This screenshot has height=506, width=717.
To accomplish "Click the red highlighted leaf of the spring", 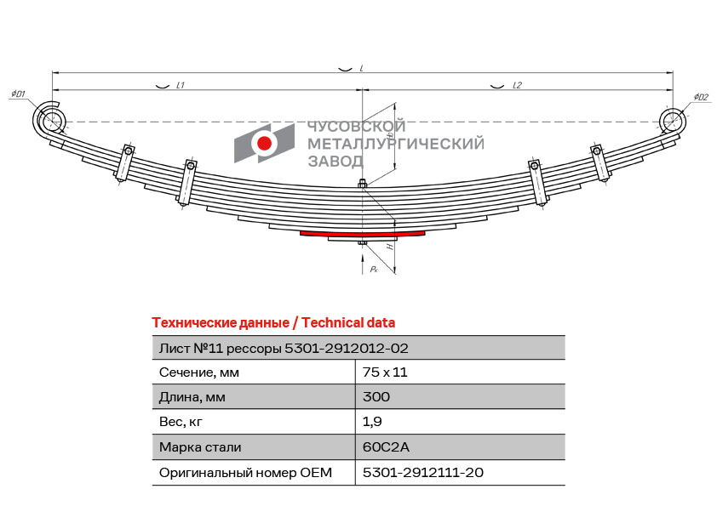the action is (362, 235).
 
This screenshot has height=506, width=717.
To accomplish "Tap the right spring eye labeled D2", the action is (673, 121).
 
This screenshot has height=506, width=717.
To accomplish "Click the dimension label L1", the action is (181, 85).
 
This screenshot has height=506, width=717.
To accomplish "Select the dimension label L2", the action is (517, 85).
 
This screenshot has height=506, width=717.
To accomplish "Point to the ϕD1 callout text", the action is (18, 94).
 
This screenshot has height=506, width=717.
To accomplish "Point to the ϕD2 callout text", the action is (701, 97).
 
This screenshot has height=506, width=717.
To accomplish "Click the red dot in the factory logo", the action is (264, 143).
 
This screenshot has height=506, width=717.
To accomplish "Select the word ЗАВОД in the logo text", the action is (336, 162).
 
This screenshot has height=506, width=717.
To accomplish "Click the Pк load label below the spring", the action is (374, 269).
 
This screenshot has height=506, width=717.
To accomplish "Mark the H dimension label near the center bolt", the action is (390, 247).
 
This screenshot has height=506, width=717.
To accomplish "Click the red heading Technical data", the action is (348, 323).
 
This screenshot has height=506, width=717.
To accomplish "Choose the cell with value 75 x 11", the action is (385, 372).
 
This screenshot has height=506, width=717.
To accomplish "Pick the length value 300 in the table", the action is (376, 397).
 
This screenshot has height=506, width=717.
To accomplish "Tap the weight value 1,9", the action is (372, 422).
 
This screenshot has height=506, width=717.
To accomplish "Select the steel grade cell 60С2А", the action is (386, 446).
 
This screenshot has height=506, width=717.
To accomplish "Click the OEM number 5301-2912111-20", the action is (423, 472).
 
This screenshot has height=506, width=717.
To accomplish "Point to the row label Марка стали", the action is (200, 447).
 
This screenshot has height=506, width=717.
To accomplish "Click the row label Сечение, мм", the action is (199, 372).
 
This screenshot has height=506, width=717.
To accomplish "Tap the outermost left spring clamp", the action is (124, 163).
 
